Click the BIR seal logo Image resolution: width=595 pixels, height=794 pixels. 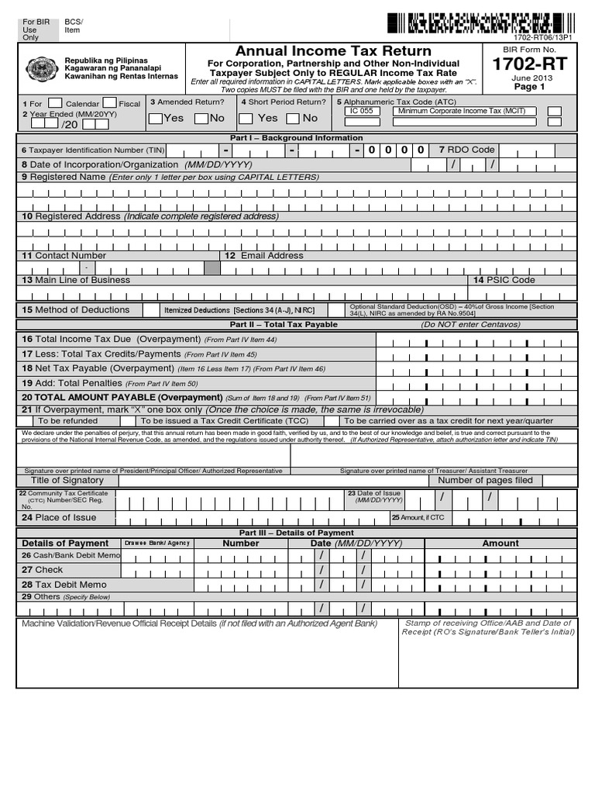[42, 70]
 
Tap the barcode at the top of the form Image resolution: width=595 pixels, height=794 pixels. [469, 23]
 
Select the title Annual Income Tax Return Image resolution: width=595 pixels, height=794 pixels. [333, 51]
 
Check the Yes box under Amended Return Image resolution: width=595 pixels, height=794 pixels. [156, 119]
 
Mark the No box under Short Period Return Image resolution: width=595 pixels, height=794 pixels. [293, 119]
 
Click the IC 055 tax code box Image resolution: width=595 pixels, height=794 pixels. [361, 111]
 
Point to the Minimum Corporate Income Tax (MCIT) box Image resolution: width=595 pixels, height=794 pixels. [461, 111]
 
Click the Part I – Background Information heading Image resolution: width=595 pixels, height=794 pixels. [297, 138]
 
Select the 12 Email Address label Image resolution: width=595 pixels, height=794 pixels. [264, 255]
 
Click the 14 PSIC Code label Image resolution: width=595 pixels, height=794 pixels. [504, 280]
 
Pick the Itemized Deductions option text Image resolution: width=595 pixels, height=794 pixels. [239, 310]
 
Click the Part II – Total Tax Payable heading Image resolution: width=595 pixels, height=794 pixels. [284, 324]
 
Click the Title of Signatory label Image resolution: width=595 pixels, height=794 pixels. [67, 480]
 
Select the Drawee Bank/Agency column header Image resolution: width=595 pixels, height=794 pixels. [157, 544]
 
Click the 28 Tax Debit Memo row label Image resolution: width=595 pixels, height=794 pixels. [64, 584]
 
